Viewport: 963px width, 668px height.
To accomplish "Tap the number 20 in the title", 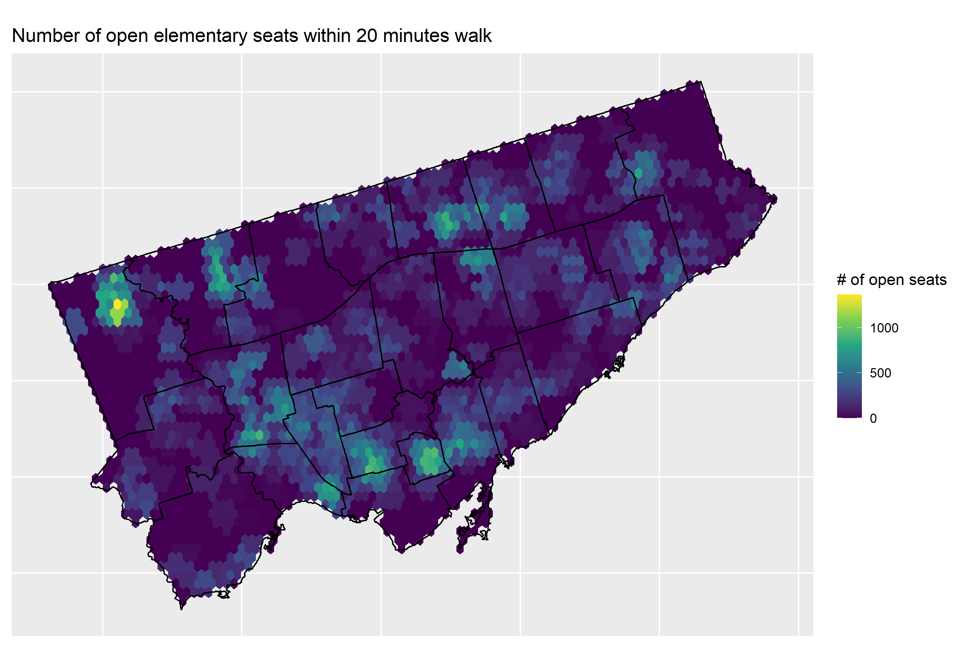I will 367,35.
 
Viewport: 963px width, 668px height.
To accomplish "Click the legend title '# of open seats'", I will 891,280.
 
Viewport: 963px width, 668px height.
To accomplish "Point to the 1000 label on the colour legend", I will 884,328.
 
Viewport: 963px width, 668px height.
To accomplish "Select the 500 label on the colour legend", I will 880,373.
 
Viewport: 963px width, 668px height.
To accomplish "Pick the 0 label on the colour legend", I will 873,418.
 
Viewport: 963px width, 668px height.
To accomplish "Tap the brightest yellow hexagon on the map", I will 117,304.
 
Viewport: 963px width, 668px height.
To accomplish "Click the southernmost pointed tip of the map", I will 181,608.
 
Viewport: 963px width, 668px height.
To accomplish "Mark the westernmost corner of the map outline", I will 50,284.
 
